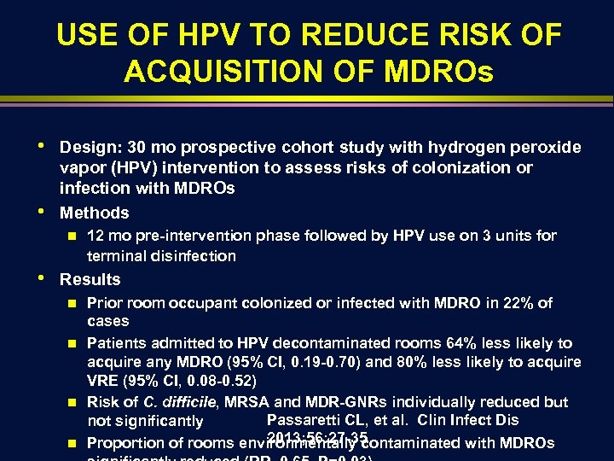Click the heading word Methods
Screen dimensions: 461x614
pyautogui.click(x=94, y=213)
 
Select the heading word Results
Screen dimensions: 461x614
pyautogui.click(x=90, y=279)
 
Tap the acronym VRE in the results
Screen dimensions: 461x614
pyautogui.click(x=103, y=380)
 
